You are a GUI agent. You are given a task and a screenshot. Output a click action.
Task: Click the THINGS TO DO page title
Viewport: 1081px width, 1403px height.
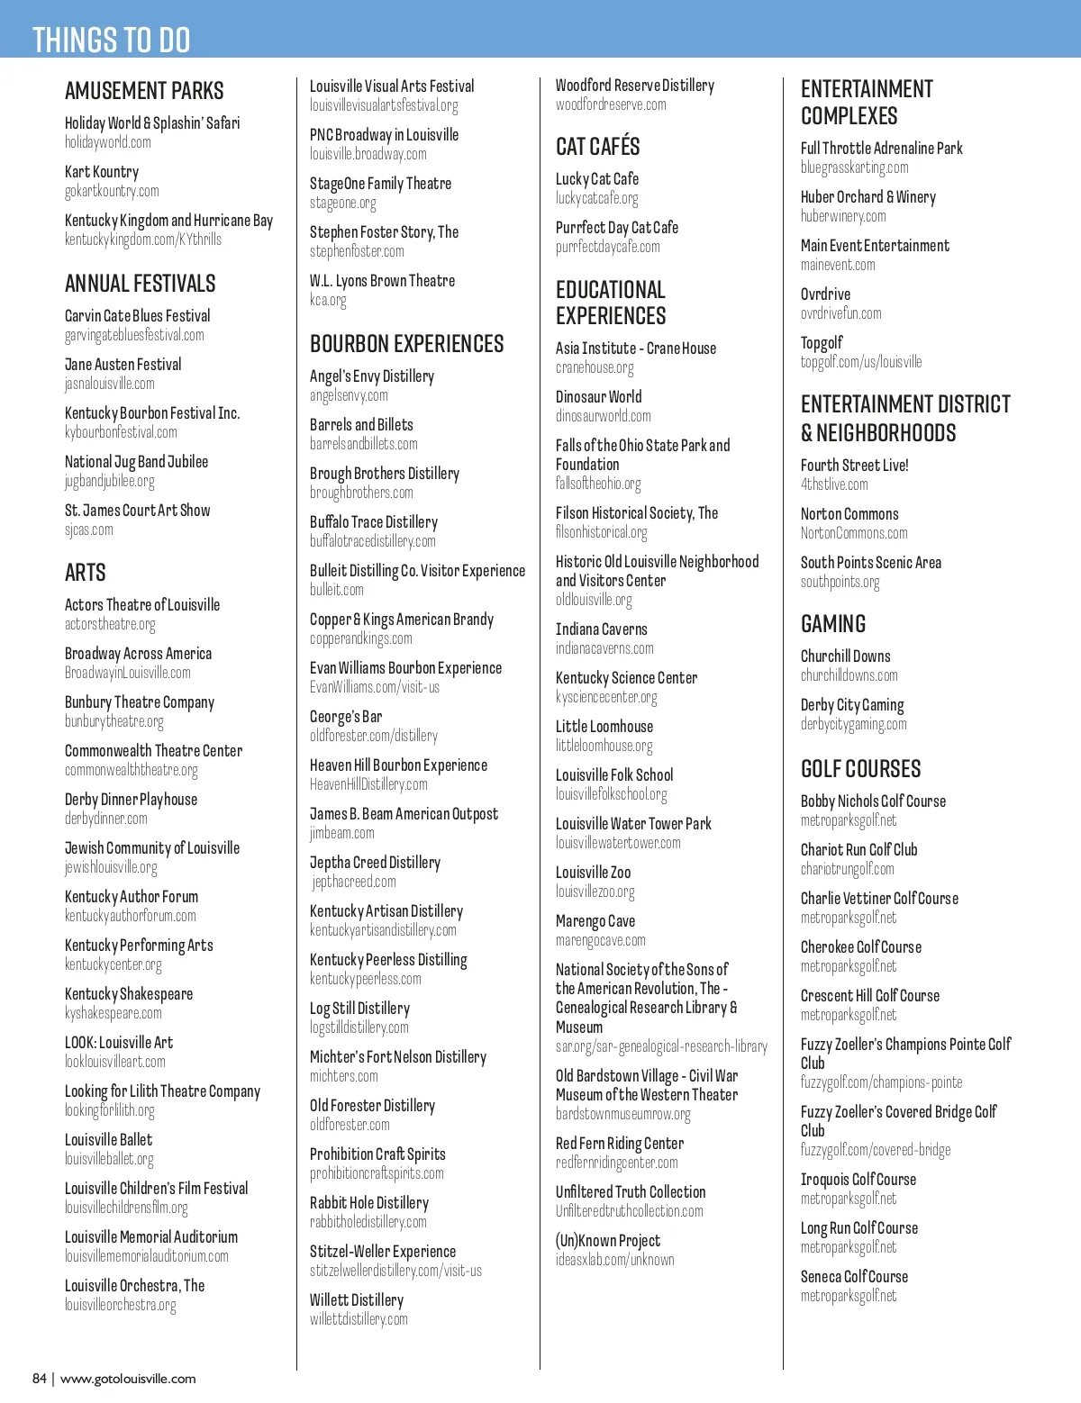[111, 40]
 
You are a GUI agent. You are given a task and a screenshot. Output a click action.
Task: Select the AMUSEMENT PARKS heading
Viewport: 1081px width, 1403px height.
[144, 91]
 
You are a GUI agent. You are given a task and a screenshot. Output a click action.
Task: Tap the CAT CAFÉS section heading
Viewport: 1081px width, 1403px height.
[598, 147]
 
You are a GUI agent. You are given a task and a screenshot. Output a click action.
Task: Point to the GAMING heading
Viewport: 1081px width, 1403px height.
[833, 624]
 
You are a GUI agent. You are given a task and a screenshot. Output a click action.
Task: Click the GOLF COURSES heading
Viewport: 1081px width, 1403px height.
[861, 769]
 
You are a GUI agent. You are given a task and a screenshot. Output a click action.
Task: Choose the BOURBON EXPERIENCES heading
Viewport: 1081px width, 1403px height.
[407, 344]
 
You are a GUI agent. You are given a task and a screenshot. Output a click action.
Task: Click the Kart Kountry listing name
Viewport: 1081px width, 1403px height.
[102, 172]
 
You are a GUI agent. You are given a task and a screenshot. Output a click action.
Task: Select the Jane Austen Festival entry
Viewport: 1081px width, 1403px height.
[123, 365]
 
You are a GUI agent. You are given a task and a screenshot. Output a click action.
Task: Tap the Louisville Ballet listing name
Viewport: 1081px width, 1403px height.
[108, 1140]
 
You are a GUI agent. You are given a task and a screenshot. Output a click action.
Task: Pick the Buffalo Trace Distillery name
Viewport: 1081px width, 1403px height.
[374, 522]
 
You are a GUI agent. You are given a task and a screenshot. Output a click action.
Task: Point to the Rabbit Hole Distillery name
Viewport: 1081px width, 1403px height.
[369, 1203]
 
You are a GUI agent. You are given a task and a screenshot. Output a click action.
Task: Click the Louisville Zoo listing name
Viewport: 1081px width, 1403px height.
[593, 873]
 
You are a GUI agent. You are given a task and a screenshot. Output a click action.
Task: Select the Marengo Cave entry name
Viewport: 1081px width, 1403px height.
[595, 921]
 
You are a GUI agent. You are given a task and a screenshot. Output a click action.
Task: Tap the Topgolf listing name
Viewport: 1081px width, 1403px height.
[822, 343]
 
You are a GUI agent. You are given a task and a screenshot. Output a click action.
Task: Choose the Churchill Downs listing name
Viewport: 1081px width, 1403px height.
[845, 656]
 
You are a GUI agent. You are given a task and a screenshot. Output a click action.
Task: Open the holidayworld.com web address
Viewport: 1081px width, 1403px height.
[108, 142]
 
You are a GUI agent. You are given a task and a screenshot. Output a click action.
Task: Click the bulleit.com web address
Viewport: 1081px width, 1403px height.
[337, 590]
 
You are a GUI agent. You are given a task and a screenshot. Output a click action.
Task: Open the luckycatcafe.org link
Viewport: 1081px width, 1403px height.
[596, 198]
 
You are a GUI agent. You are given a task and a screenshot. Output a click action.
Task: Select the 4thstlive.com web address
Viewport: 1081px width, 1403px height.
[834, 484]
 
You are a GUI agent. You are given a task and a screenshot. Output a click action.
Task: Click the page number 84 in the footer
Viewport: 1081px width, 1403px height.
[40, 1379]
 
